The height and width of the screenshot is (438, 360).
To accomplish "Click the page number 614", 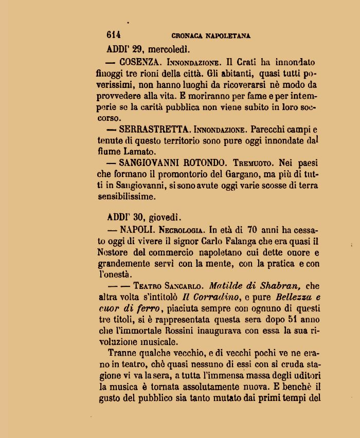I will pos(114,35).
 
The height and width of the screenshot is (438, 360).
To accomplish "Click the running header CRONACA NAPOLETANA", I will pos(211,36).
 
